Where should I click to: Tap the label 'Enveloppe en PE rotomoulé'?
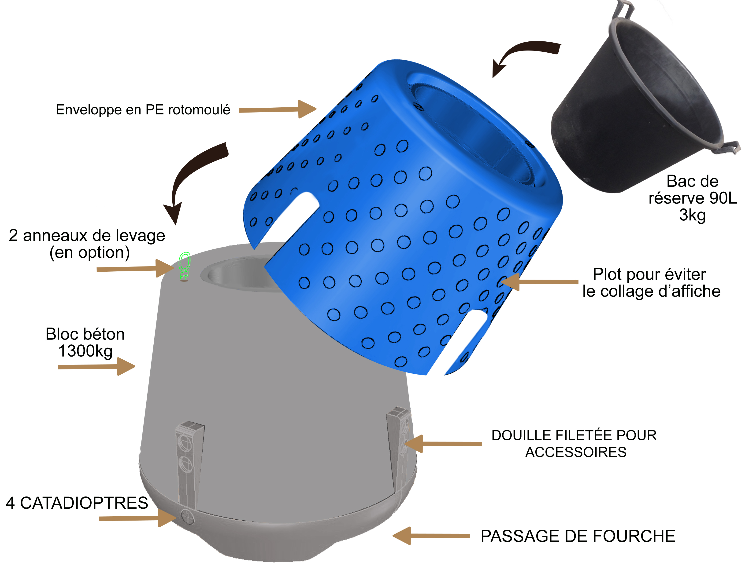[x=143, y=110]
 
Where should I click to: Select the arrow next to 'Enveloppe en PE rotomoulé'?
[x=278, y=109]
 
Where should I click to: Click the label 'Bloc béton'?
[x=85, y=334]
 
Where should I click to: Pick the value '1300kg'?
[x=85, y=351]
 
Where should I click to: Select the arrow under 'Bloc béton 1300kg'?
[x=96, y=367]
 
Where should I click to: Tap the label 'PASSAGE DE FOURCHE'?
[x=578, y=536]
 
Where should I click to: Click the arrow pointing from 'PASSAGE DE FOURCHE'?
[x=431, y=536]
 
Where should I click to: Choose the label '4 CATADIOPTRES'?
[x=77, y=503]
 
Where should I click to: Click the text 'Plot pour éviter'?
[x=649, y=274]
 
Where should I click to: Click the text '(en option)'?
[x=90, y=252]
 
